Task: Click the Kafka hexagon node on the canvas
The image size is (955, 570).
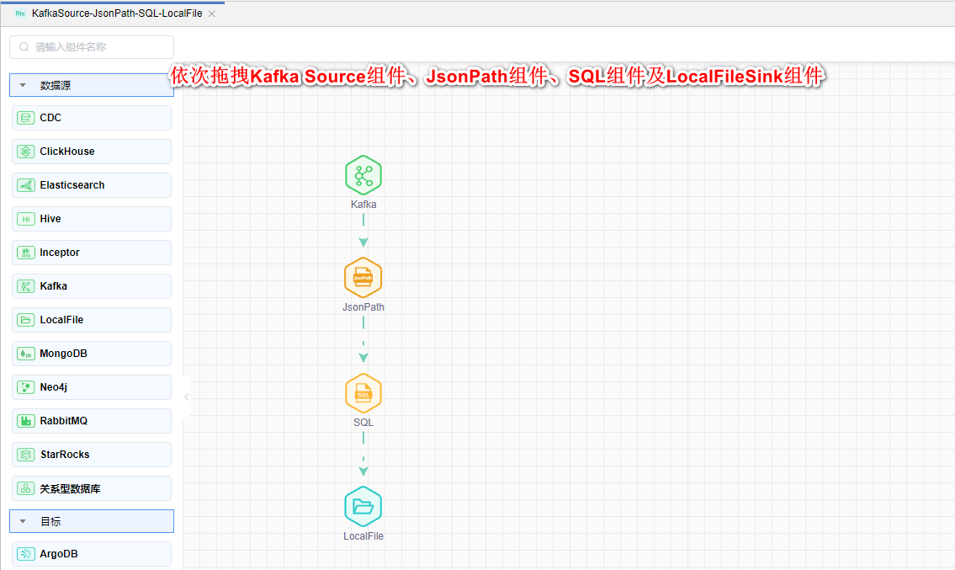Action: (363, 175)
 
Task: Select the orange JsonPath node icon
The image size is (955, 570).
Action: (363, 278)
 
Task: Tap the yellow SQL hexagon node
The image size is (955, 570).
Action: (363, 393)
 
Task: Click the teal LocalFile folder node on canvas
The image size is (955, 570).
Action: (363, 506)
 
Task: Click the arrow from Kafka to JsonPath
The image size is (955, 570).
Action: (363, 231)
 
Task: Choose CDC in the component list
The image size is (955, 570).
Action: (92, 118)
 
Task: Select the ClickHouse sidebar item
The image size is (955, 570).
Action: (92, 152)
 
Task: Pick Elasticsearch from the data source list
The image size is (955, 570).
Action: (92, 185)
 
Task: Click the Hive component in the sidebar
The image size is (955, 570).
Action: (92, 219)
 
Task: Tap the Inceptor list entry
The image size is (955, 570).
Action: (92, 253)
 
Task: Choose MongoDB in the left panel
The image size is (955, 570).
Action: (92, 354)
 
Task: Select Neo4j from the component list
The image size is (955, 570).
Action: (92, 387)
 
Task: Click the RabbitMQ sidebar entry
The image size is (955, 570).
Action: (92, 421)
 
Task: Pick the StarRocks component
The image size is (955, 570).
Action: (92, 455)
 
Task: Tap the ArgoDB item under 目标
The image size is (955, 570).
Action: (92, 554)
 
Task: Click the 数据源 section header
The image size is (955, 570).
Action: (92, 85)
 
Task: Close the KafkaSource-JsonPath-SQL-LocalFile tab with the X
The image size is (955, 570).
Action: (211, 14)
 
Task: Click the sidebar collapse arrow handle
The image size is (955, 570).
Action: (187, 397)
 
